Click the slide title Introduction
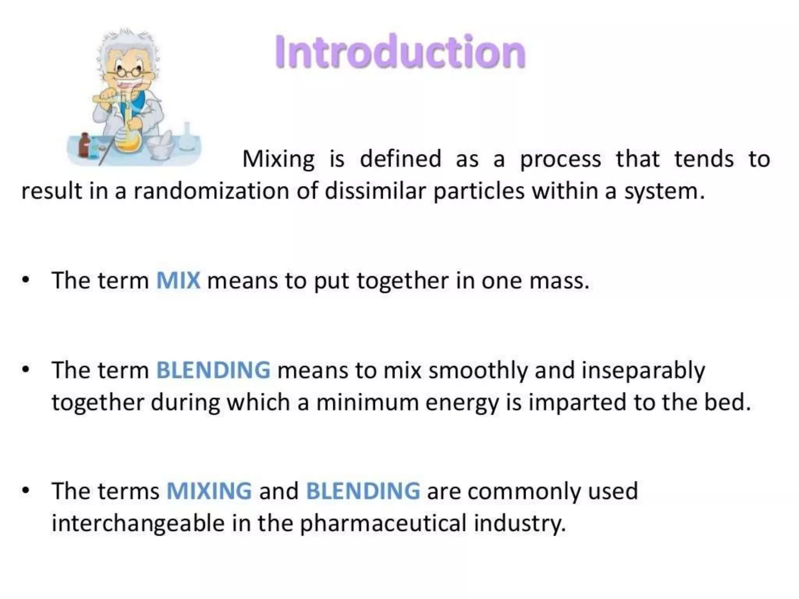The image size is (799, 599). (x=400, y=52)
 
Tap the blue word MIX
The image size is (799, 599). (x=178, y=280)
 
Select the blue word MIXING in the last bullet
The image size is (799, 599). (x=209, y=491)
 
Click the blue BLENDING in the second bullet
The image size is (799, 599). (x=213, y=370)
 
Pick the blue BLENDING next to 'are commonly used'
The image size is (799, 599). (x=363, y=491)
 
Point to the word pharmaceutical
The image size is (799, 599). (x=383, y=523)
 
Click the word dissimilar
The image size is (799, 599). (x=375, y=191)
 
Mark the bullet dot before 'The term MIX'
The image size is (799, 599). (x=26, y=281)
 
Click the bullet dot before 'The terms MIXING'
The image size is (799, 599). (x=26, y=491)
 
